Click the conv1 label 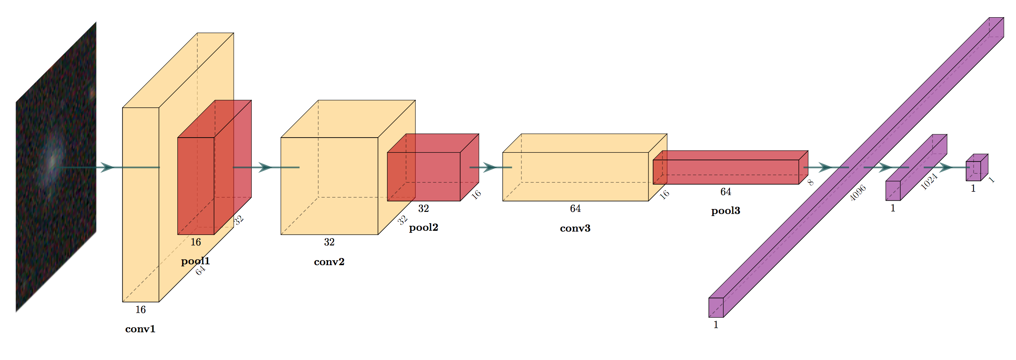point(140,329)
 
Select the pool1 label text point(195,261)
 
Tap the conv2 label point(329,262)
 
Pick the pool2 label point(423,227)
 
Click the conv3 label point(575,228)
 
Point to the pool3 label point(725,211)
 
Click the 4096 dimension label point(857,193)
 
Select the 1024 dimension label point(929,182)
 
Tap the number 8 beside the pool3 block point(810,182)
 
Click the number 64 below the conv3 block point(575,209)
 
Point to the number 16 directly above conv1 point(140,310)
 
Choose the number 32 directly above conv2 point(329,242)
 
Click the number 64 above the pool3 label point(726,192)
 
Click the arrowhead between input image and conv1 point(107,167)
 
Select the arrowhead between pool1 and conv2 point(265,167)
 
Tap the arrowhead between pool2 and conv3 point(490,167)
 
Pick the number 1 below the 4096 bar point(716,325)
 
